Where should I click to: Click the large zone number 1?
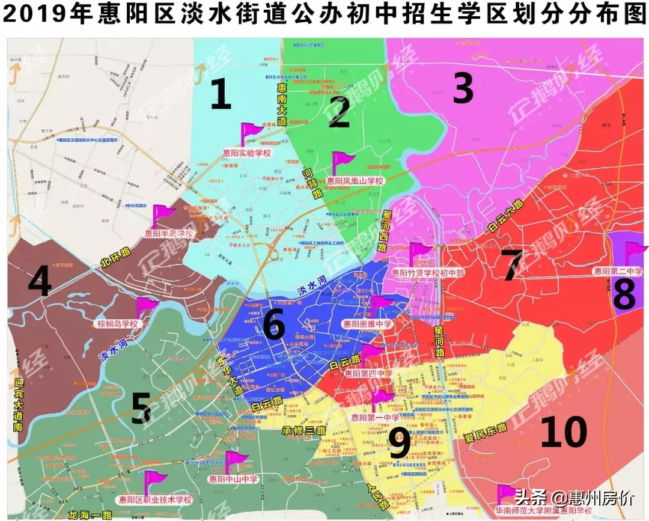click(221, 95)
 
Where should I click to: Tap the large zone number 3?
click(463, 89)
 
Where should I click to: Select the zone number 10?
click(563, 432)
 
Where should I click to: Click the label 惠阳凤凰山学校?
click(355, 180)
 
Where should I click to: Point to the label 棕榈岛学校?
click(117, 324)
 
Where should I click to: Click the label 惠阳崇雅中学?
click(367, 323)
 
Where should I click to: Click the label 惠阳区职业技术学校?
click(154, 499)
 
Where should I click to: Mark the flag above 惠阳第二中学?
click(635, 253)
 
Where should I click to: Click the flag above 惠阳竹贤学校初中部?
click(420, 253)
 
